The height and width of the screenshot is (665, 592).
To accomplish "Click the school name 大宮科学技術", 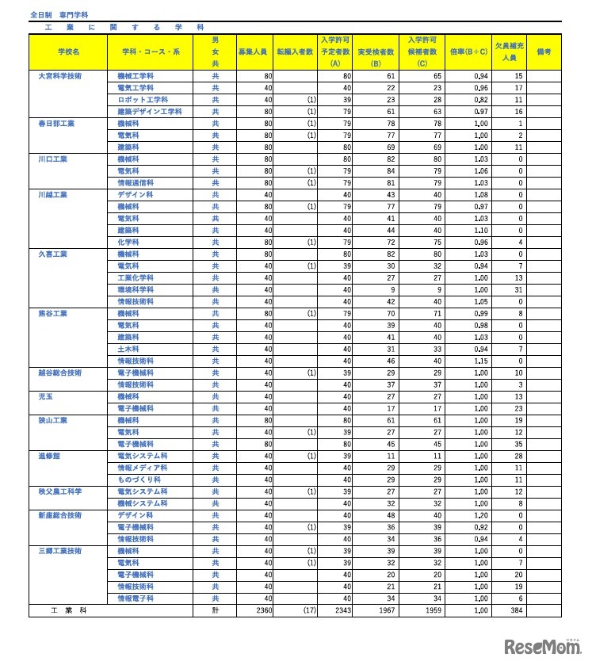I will click(59, 76).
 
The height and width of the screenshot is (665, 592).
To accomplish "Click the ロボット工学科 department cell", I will click(143, 101).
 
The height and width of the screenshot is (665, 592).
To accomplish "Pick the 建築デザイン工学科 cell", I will click(150, 113).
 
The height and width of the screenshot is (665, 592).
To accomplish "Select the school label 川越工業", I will click(53, 194).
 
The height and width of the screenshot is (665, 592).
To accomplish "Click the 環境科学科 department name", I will click(136, 289).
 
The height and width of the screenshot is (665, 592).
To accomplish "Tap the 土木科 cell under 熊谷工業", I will click(128, 349).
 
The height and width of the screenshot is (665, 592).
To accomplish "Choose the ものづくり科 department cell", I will click(136, 480).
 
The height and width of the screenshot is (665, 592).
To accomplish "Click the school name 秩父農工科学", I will click(60, 491).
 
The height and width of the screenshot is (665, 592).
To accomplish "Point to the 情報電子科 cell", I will click(136, 598).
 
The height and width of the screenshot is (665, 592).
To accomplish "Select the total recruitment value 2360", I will click(262, 611).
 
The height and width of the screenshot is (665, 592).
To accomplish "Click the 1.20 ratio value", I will click(479, 515).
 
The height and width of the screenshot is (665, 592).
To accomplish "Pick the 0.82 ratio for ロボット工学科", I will click(479, 101).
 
